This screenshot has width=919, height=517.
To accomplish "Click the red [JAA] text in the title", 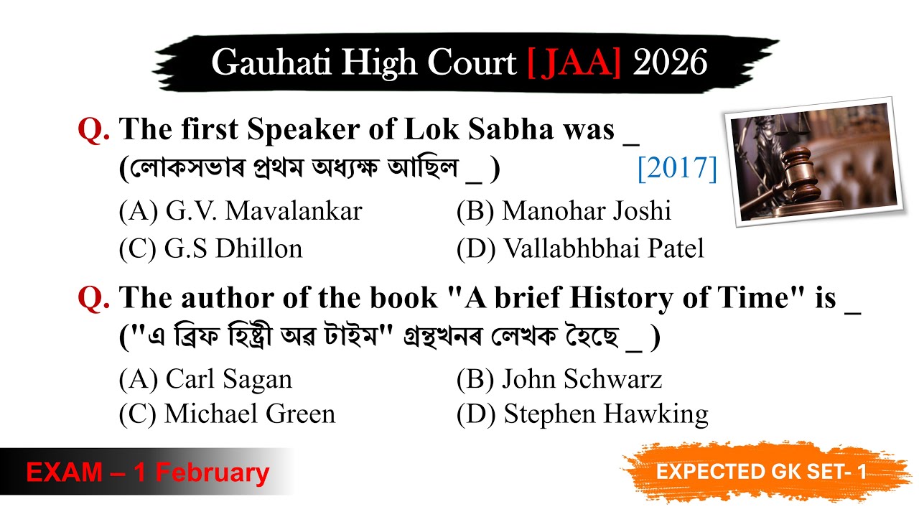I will pyautogui.click(x=574, y=63).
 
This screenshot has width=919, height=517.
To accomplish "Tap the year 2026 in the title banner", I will pyautogui.click(x=670, y=63).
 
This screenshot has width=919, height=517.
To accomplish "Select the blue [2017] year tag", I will pyautogui.click(x=677, y=169).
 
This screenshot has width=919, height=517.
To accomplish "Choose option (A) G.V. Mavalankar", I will pyautogui.click(x=241, y=211).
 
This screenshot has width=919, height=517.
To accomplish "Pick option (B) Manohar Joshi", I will pyautogui.click(x=564, y=211).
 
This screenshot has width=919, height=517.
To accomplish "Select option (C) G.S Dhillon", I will pyautogui.click(x=210, y=248).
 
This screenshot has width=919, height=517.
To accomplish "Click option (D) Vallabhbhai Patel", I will pyautogui.click(x=580, y=248).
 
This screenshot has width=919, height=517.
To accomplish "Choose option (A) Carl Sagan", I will pyautogui.click(x=205, y=379).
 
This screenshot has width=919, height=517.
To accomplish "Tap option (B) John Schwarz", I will pyautogui.click(x=559, y=379).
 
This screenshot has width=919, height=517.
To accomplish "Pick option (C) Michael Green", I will pyautogui.click(x=227, y=414).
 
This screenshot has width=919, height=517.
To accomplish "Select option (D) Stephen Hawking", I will pyautogui.click(x=582, y=414).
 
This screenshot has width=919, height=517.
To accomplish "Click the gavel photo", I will pyautogui.click(x=813, y=161).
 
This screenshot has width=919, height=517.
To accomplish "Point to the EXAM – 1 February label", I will pyautogui.click(x=147, y=472).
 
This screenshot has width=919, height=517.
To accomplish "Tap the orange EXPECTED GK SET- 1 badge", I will pyautogui.click(x=761, y=472).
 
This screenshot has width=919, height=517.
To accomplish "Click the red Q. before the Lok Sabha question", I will pyautogui.click(x=93, y=130).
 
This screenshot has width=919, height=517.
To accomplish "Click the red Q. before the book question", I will pyautogui.click(x=93, y=298).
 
